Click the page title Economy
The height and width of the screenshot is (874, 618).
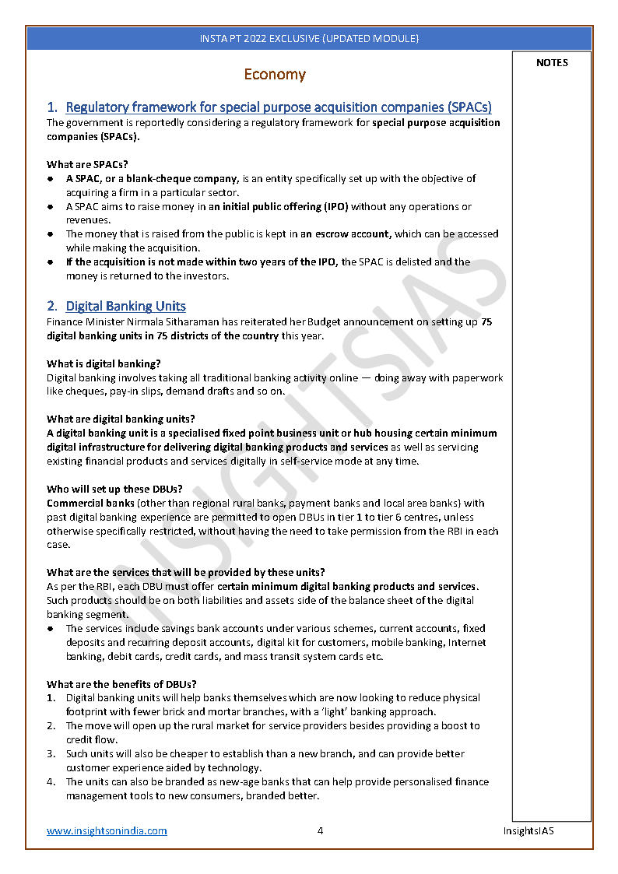point(274,75)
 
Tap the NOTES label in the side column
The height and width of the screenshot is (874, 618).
point(552,63)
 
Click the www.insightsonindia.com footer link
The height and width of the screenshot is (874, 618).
point(107,830)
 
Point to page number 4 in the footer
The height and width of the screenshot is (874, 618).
point(320,830)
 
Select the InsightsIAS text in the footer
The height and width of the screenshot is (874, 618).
point(528,830)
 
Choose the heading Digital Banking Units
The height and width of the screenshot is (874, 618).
point(125,306)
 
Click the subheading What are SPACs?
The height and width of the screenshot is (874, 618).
point(87,164)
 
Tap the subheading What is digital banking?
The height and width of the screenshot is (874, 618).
point(104,363)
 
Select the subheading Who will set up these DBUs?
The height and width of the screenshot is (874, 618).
point(114,489)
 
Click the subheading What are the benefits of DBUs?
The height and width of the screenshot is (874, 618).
point(121,684)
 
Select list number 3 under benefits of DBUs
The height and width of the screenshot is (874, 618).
point(51,753)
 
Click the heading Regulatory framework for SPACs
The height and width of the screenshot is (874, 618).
point(278,107)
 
